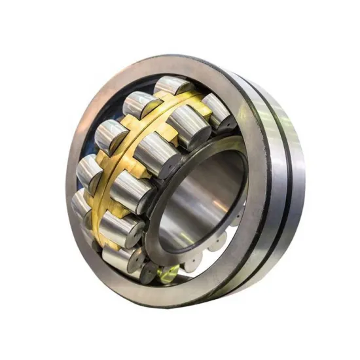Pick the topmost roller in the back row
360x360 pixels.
[171, 88]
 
